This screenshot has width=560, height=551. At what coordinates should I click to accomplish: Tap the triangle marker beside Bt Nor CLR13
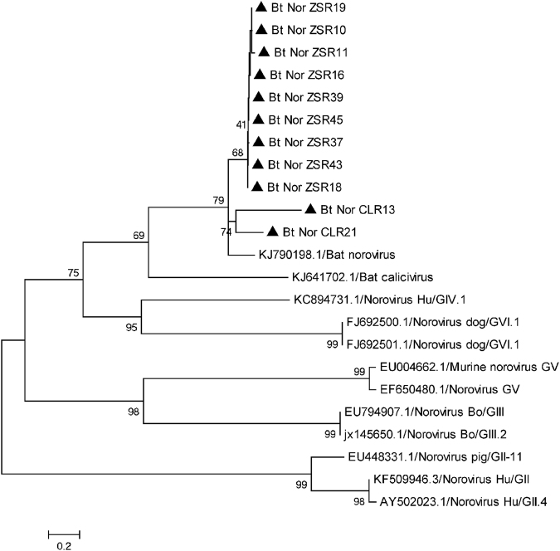(x=310, y=209)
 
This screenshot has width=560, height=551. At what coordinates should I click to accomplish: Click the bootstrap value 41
(x=241, y=126)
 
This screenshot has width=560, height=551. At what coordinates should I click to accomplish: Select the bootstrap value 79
(x=219, y=199)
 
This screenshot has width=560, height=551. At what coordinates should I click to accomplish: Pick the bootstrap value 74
(x=227, y=233)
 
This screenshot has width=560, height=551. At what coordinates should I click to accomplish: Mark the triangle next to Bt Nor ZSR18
(x=258, y=187)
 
